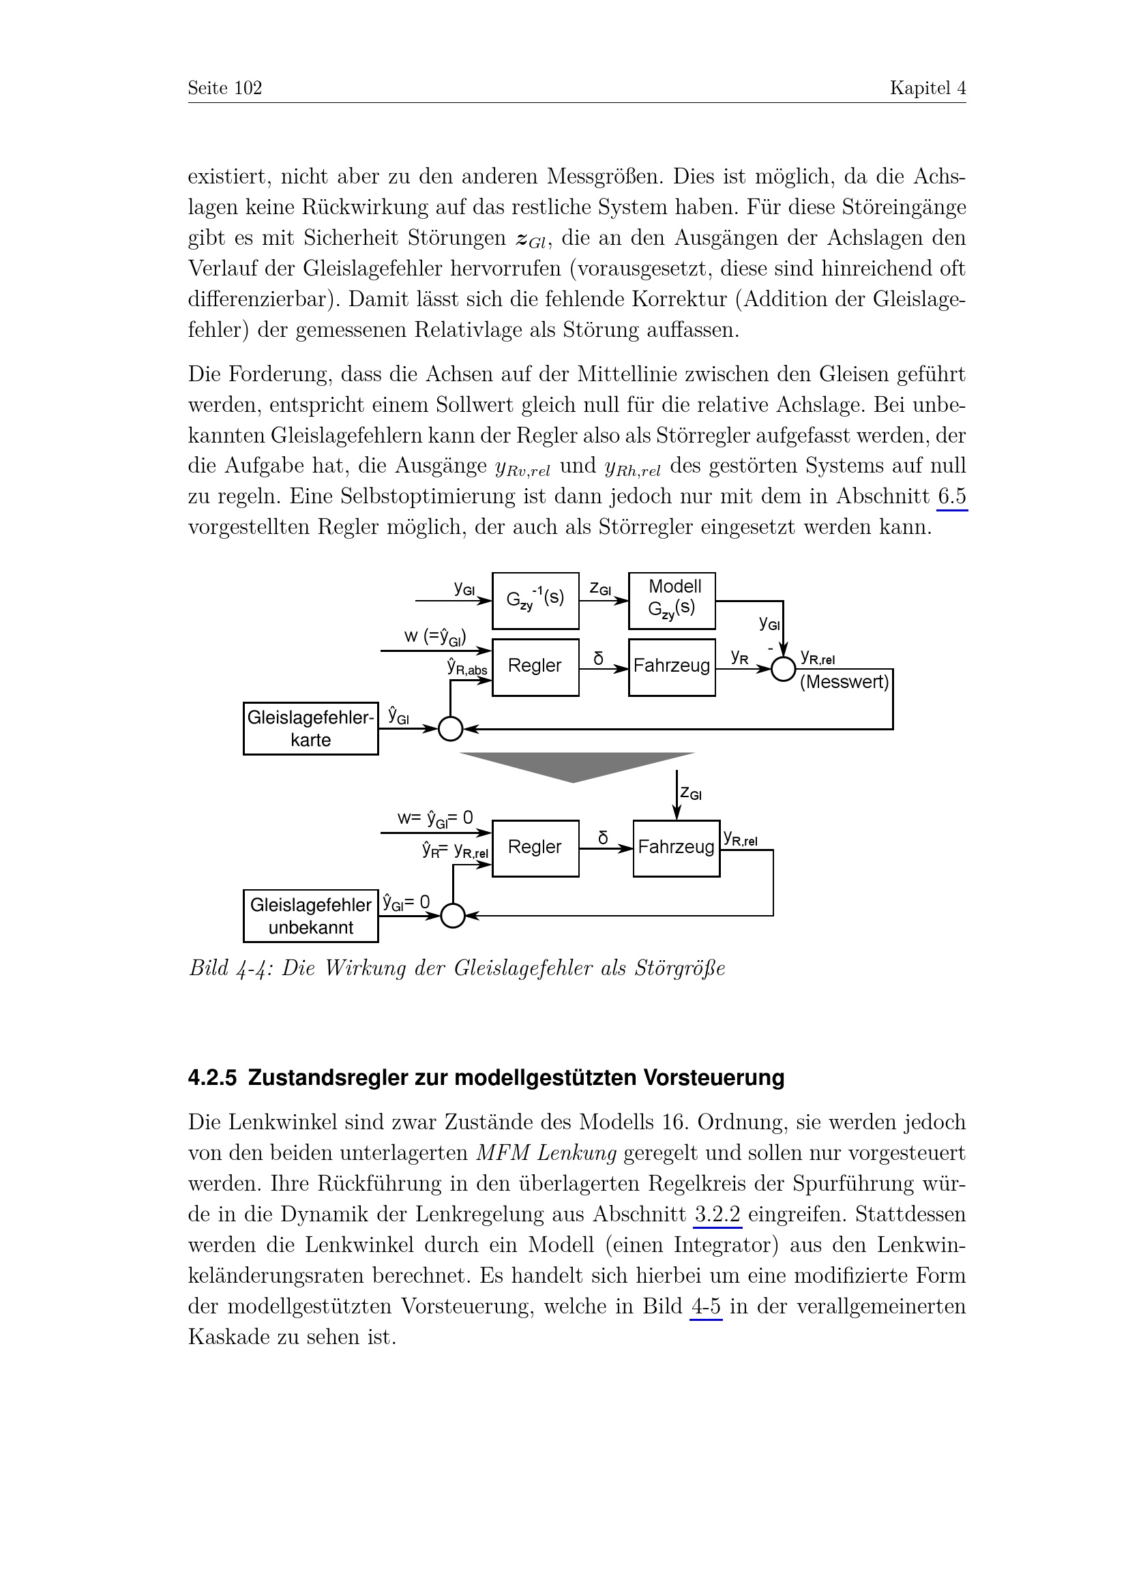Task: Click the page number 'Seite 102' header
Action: point(224,88)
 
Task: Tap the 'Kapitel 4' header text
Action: point(927,88)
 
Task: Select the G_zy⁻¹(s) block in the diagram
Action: point(535,600)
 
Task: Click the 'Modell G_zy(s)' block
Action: point(671,600)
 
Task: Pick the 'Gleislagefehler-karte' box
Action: point(310,728)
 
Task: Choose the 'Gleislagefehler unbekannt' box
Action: point(310,916)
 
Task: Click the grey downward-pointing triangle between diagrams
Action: point(576,765)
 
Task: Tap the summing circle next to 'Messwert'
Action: point(784,669)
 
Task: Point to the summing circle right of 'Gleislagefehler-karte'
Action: point(450,729)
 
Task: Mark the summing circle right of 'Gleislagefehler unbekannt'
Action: point(452,916)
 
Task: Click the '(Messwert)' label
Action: point(844,681)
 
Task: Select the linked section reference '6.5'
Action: point(951,496)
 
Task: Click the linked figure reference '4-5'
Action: point(706,1306)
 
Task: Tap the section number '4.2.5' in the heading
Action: point(212,1077)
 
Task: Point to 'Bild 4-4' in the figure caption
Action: point(229,968)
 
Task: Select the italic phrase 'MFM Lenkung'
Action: point(546,1153)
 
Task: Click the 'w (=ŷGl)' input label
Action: point(435,636)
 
